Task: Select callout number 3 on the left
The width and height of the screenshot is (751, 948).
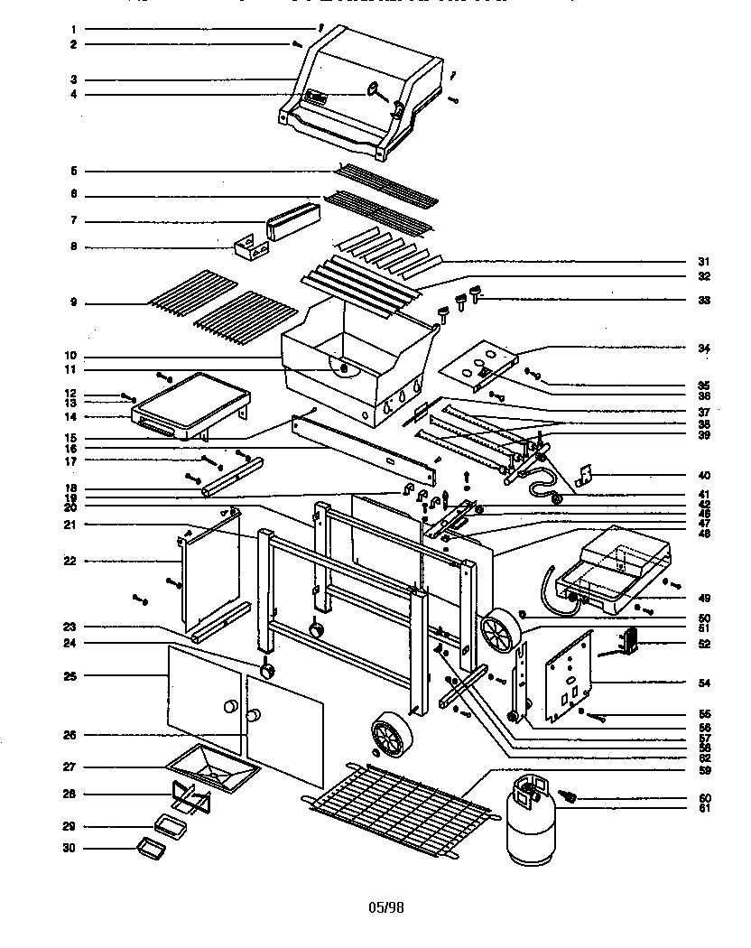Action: pyautogui.click(x=75, y=79)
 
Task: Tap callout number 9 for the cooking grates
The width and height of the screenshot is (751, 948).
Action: pyautogui.click(x=75, y=302)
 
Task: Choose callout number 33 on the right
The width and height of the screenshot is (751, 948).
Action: pyautogui.click(x=704, y=300)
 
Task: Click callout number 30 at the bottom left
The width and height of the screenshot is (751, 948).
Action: pyautogui.click(x=75, y=848)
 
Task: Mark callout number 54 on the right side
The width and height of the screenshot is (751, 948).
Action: pyautogui.click(x=704, y=683)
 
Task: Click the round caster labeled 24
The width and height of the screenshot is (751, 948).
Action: pyautogui.click(x=267, y=671)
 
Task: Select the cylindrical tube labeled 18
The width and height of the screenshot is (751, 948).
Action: pyautogui.click(x=233, y=477)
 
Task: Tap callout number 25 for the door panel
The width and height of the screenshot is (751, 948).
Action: pyautogui.click(x=75, y=675)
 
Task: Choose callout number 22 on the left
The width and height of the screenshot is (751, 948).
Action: pyautogui.click(x=75, y=561)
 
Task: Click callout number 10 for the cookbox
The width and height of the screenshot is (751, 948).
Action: pyautogui.click(x=75, y=356)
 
